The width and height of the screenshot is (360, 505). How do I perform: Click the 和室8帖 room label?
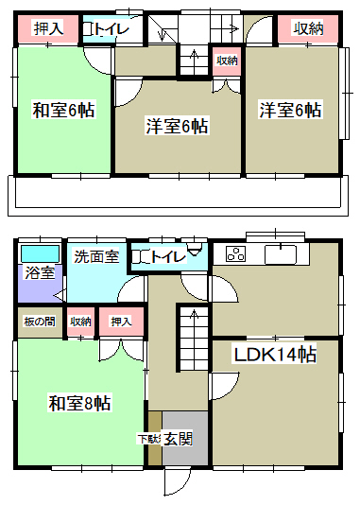click(x=79, y=403)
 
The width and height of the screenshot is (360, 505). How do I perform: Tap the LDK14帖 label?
click(x=275, y=355)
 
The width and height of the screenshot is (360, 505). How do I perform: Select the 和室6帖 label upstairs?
click(x=63, y=110)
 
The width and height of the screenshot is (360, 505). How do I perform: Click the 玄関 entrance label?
click(x=179, y=439)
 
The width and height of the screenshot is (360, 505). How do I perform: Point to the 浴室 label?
click(x=40, y=273)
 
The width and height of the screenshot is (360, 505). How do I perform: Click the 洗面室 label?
click(x=96, y=256)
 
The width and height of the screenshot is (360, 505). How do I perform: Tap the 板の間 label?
click(x=40, y=322)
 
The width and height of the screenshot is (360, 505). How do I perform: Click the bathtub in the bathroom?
click(x=41, y=253)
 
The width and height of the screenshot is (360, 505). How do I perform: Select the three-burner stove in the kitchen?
click(x=236, y=253)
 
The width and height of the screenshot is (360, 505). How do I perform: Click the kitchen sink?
click(x=281, y=254)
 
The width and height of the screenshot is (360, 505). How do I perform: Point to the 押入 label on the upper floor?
click(x=48, y=28)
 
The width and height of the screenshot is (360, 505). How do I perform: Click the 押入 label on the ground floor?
click(x=121, y=322)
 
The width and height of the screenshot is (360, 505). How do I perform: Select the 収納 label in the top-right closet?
click(x=308, y=28)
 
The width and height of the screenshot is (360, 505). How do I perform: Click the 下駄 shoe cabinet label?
click(x=149, y=439)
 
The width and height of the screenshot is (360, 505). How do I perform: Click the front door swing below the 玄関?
click(x=178, y=482)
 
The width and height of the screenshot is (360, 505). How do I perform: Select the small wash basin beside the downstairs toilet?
click(x=195, y=250)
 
